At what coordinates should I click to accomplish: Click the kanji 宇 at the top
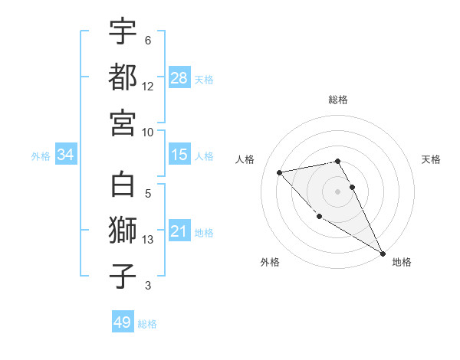point(123,32)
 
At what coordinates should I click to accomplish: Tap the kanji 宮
point(123,122)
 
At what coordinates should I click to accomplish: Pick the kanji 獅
point(123,231)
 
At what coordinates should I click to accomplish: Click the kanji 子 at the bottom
point(123,277)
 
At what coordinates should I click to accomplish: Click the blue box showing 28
point(179,78)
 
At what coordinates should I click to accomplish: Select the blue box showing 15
point(179,155)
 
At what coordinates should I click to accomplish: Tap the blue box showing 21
point(179,231)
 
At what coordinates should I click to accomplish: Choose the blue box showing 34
point(66,155)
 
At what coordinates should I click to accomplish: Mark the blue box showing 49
point(122,322)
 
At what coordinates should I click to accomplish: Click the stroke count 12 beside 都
point(148,87)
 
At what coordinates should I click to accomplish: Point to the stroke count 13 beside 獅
point(148,240)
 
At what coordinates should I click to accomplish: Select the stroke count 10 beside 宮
point(148,132)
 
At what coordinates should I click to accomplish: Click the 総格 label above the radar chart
point(338,100)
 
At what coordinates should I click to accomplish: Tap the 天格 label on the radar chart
point(431,159)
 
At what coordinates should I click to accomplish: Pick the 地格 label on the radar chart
point(402,262)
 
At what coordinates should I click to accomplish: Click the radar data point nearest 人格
point(280,172)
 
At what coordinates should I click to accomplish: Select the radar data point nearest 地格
point(383,254)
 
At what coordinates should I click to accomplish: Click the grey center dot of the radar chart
point(337,191)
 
